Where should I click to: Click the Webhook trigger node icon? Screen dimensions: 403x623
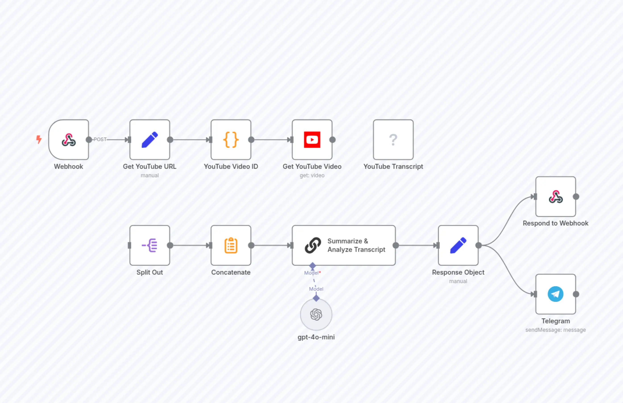point(69,140)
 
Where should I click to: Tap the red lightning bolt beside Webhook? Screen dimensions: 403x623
point(39,139)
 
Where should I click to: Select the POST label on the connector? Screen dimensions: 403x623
point(100,140)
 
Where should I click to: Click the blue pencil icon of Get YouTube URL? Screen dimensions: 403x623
point(150,140)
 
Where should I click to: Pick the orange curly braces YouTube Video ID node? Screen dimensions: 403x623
point(231,140)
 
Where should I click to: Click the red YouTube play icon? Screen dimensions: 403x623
point(312,140)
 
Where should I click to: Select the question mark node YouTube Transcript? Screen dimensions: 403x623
point(393,140)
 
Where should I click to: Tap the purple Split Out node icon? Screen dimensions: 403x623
point(150,245)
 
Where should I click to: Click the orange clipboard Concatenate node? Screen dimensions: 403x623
point(231,245)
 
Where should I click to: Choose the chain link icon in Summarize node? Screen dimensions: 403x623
point(313,245)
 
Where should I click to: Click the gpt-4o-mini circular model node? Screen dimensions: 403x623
point(316,315)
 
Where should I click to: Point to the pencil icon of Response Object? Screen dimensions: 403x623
point(458,245)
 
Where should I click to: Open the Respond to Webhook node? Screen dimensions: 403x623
point(556,197)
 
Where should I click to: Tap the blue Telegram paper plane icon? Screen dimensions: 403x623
point(556,294)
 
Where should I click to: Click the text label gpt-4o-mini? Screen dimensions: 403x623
point(316,337)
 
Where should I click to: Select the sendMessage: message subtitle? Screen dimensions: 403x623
point(556,330)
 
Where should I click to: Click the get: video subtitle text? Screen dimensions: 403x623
point(312,175)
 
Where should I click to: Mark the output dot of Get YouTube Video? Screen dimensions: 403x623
point(332,140)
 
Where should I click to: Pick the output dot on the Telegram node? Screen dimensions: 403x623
point(576,294)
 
